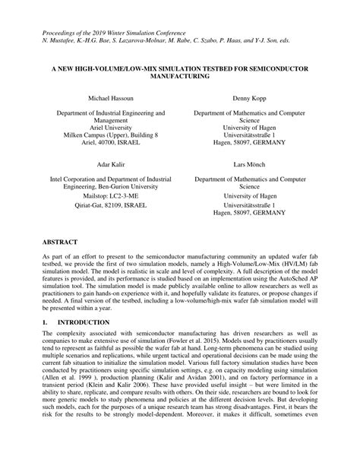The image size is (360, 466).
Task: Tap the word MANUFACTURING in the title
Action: tap(180, 77)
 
